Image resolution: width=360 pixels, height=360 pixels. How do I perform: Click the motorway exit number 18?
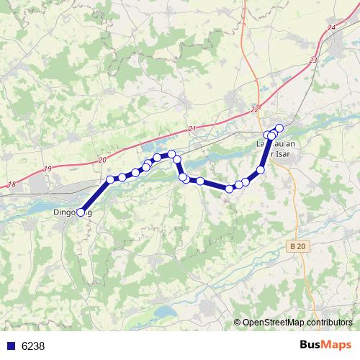11,185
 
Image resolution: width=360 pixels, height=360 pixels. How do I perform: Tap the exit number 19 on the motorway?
48,168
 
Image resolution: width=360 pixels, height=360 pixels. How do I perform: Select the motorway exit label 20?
102,159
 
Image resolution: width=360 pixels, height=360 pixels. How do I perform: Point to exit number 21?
191,128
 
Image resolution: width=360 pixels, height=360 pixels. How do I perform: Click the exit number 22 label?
255,109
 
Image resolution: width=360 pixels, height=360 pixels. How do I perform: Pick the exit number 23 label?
312,60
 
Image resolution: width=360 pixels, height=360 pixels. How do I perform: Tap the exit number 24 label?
330,27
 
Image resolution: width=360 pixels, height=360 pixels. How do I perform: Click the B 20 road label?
302,247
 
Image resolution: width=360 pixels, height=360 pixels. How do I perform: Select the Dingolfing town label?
72,213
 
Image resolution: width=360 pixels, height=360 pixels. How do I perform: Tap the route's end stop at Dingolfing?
80,212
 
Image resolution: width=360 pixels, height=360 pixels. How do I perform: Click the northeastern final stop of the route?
279,128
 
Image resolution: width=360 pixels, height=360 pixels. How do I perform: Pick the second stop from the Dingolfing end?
110,179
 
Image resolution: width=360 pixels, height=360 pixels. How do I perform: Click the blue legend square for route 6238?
10,346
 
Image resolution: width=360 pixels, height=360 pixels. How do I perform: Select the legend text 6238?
33,346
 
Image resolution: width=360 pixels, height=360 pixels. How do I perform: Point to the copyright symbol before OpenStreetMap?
238,323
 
